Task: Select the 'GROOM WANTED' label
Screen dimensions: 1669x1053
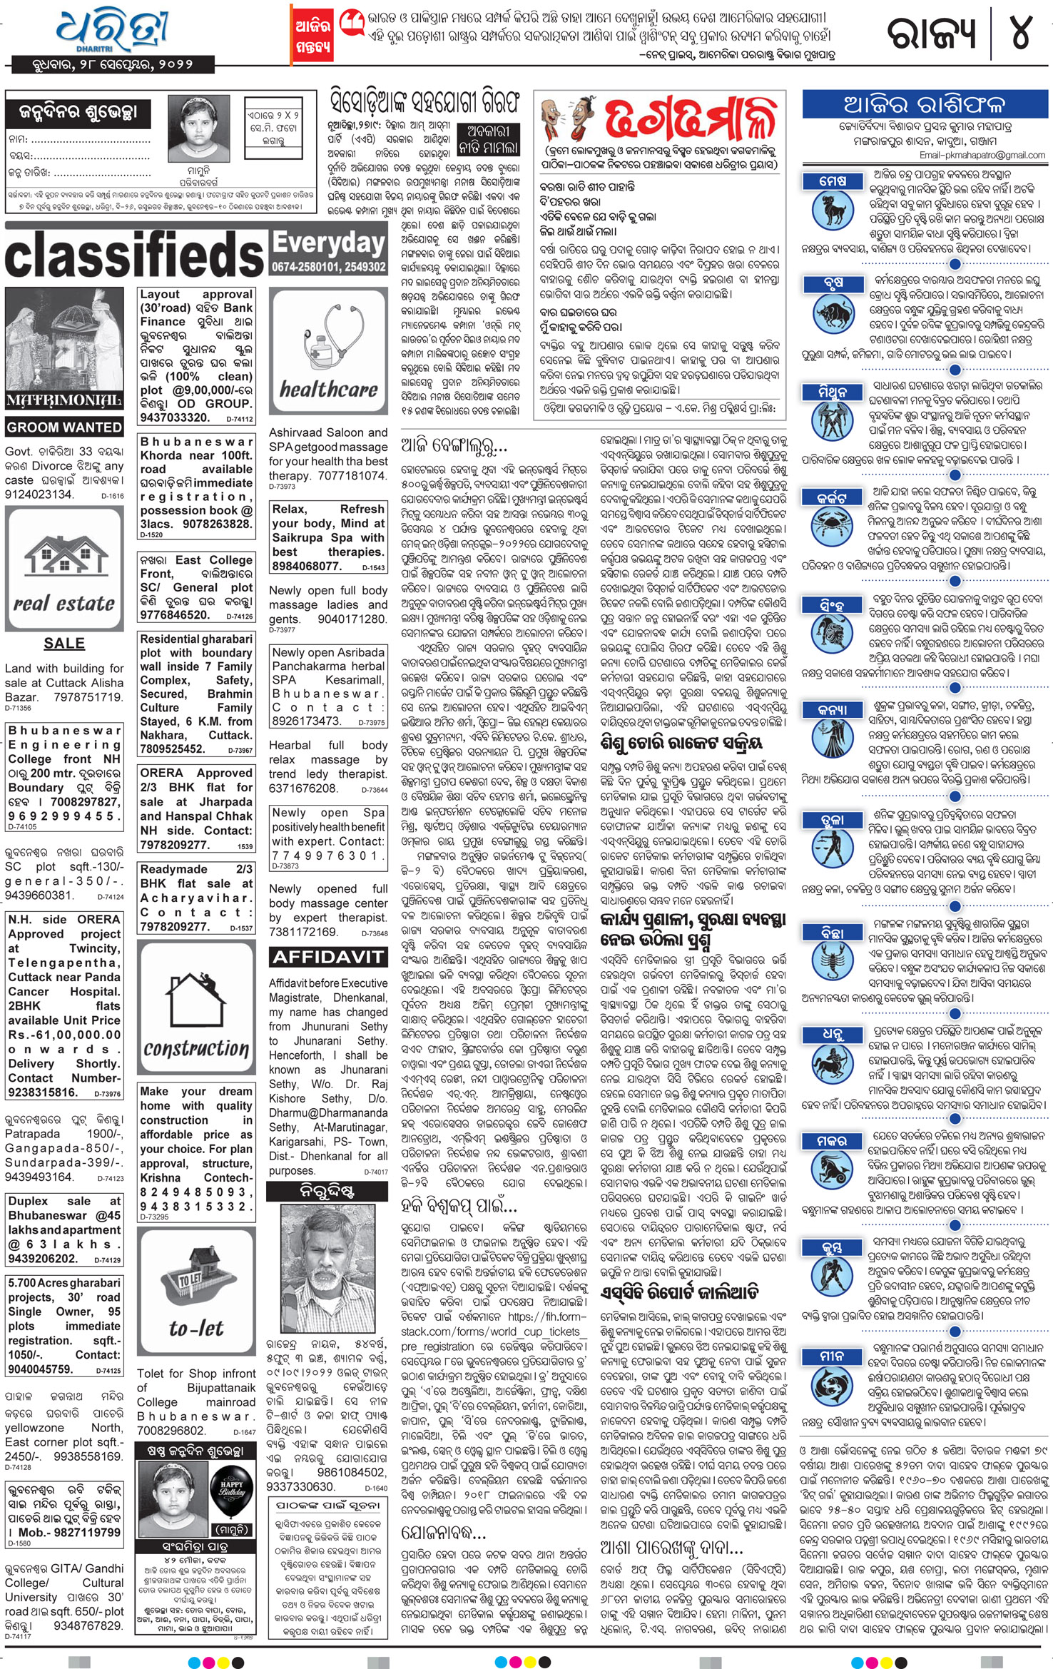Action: point(64,427)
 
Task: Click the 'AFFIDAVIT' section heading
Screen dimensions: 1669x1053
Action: point(328,957)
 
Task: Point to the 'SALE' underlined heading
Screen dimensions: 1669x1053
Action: point(64,643)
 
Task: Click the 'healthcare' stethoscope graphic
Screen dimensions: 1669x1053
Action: point(328,352)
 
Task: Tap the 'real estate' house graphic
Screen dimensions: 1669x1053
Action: point(64,569)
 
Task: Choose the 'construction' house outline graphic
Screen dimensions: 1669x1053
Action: point(195,1010)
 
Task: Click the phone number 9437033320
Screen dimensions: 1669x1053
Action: point(174,418)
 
